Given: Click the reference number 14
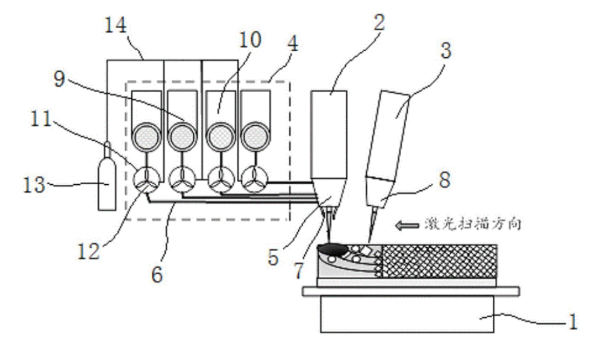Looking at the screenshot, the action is click(116, 25).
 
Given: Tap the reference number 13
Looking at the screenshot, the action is click(34, 185).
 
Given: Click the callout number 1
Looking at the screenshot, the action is click(573, 321).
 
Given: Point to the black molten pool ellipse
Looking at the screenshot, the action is click(333, 249).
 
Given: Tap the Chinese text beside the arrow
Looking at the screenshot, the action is click(472, 224).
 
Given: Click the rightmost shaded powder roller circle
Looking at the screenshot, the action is click(255, 136).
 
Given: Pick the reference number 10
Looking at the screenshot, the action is click(250, 40).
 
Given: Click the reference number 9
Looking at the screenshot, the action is click(60, 79).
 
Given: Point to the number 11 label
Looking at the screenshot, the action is click(41, 119).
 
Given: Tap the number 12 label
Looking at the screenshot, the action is click(89, 251).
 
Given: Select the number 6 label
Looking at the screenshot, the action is click(157, 274).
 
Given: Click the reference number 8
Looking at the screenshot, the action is click(445, 179).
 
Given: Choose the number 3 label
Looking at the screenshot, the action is click(446, 50).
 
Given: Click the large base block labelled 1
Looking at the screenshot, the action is click(407, 314).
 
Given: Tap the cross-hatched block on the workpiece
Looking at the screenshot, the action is click(439, 261).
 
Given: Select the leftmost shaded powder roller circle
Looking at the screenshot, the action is click(146, 136).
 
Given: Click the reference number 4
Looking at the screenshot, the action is click(292, 44).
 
